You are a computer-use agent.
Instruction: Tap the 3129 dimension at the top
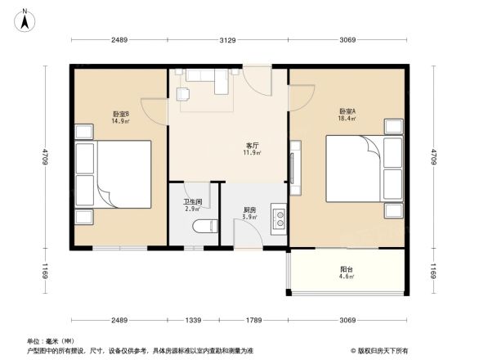[228, 40]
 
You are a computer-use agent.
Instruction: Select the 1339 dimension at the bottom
[194, 320]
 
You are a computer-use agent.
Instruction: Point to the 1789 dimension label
[253, 320]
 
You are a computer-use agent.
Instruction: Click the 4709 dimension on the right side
[434, 156]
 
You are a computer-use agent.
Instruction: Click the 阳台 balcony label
[347, 269]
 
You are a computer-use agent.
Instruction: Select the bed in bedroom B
[114, 173]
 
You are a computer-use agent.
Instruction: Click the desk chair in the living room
[182, 94]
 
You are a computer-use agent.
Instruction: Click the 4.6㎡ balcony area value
[347, 277]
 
